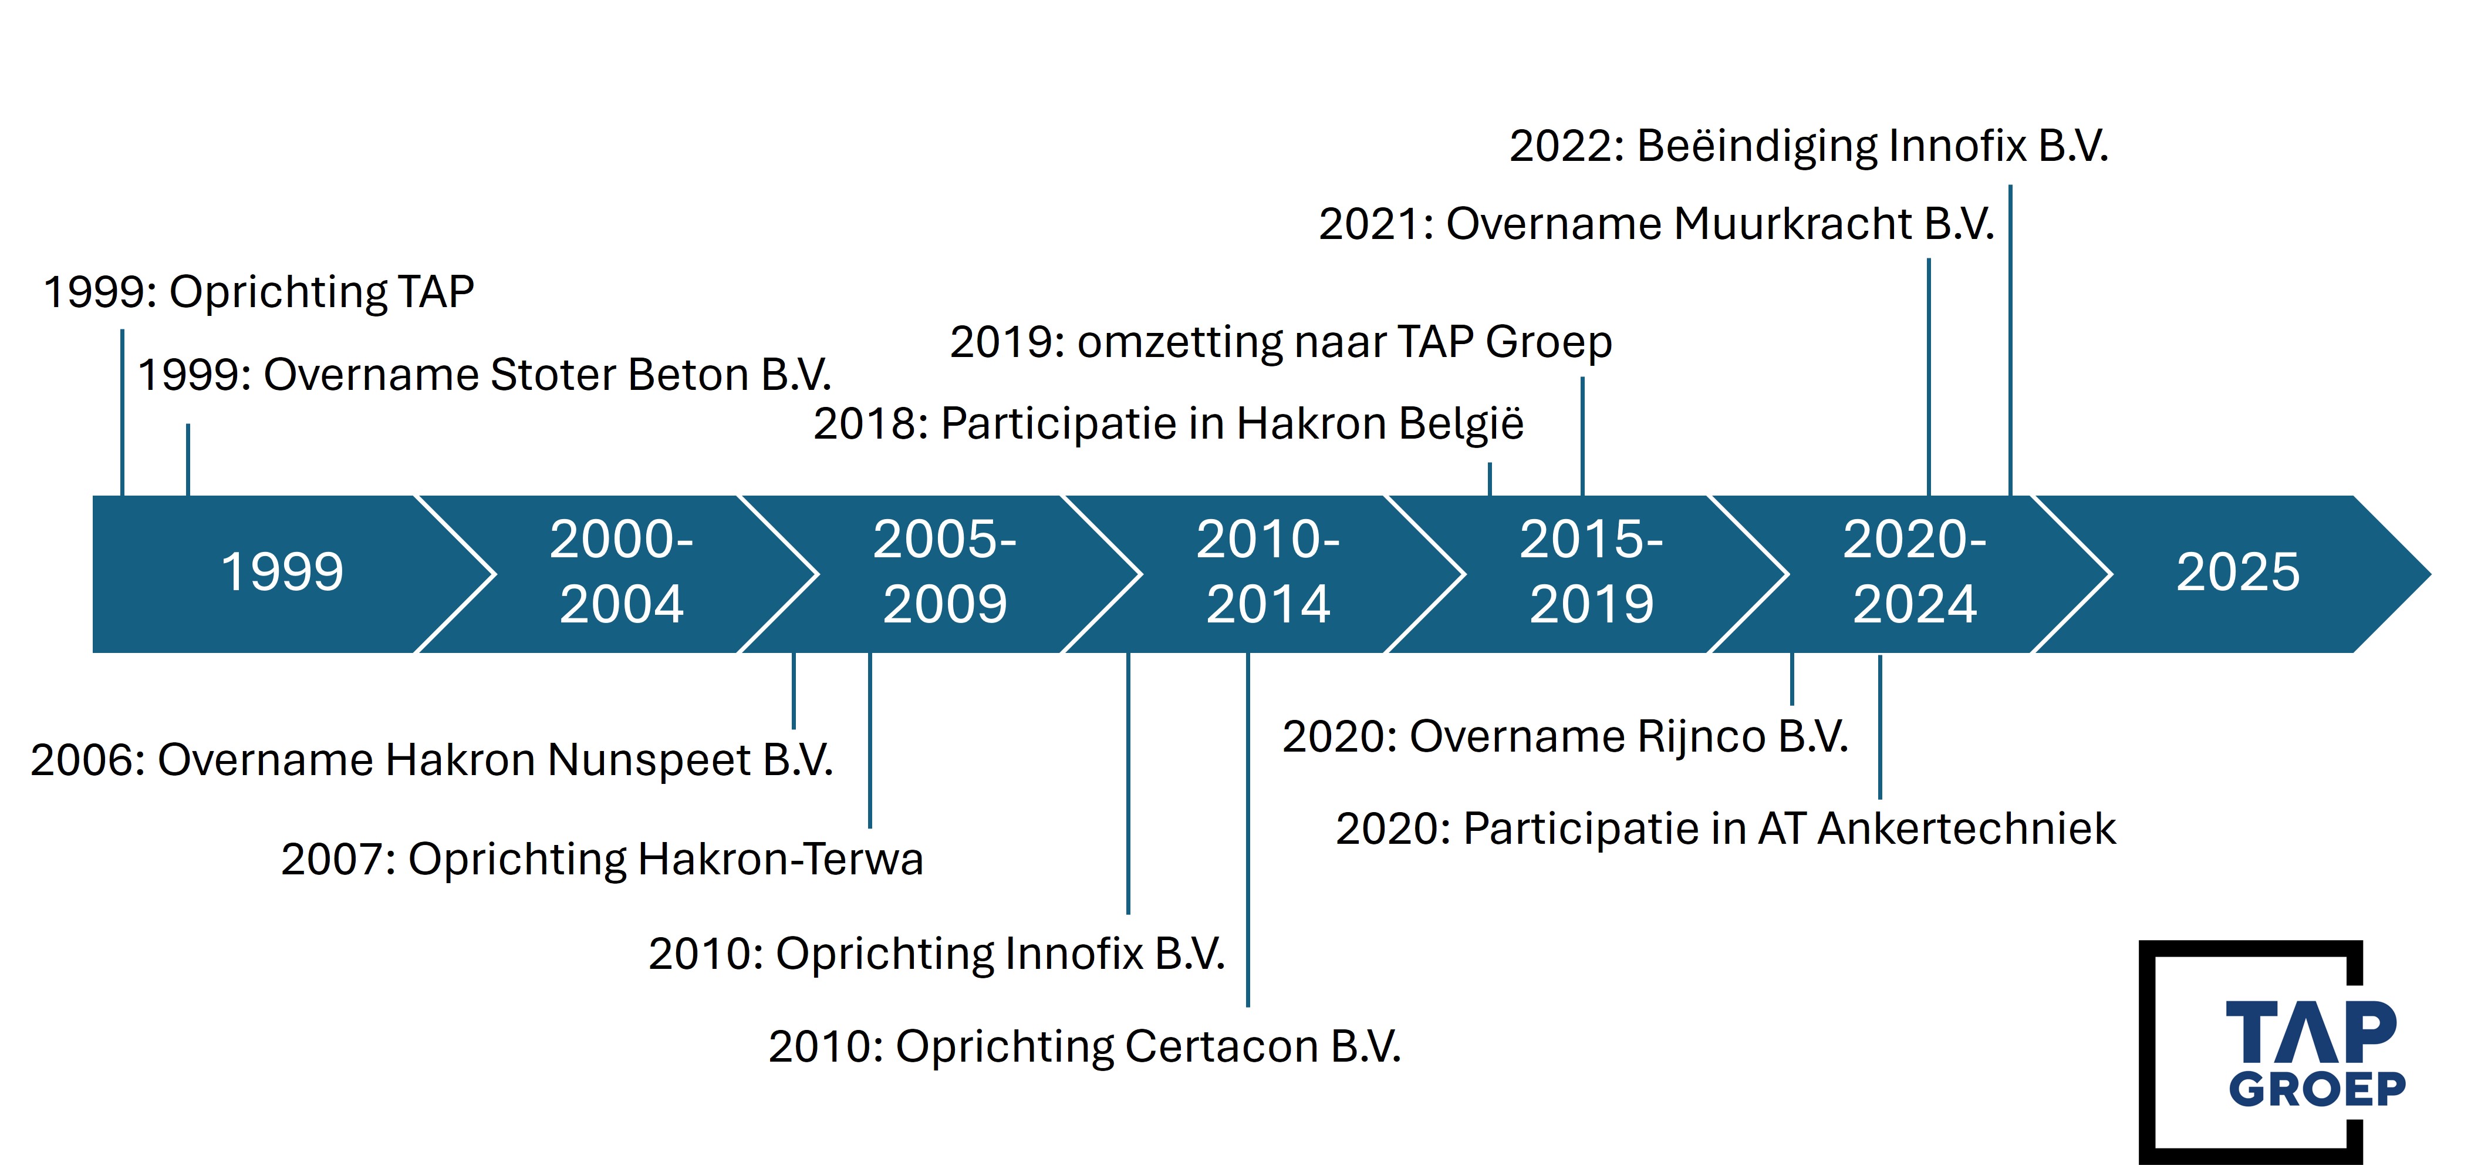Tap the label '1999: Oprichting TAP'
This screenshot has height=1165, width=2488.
[x=259, y=292]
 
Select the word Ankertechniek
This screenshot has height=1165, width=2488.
[x=1966, y=829]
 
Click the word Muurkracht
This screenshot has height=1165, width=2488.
[x=1792, y=224]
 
